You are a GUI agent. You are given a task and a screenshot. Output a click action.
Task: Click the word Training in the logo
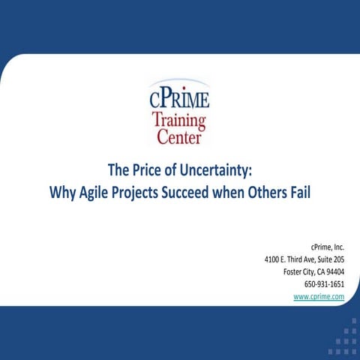coord(179,120)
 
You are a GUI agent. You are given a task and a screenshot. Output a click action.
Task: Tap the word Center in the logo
coord(179,136)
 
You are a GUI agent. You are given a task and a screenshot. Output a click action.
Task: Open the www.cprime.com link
coord(319,297)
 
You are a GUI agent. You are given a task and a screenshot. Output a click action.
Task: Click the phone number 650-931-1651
coord(323,284)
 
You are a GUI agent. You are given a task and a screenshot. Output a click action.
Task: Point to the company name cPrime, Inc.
coord(328,246)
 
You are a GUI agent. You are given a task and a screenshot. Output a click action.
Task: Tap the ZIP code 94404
coord(331,271)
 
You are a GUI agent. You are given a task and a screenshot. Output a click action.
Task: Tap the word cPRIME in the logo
coord(180,98)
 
